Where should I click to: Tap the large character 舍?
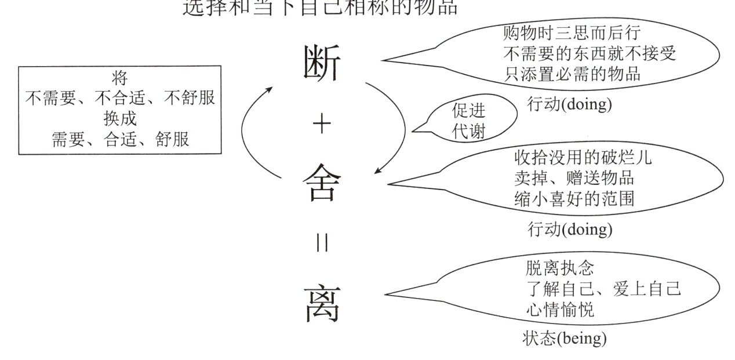coord(321,182)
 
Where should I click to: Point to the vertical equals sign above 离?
coord(322,244)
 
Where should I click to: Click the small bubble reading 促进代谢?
coord(468,121)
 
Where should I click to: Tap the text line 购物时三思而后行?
coord(571,32)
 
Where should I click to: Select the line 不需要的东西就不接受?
coord(589,53)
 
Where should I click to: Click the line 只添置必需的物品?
coord(571,74)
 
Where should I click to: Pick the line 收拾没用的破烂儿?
coord(583,157)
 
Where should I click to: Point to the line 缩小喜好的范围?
coord(574,198)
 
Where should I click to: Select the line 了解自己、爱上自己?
coord(603,289)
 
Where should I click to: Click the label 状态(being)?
coord(564,338)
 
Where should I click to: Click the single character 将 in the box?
coord(119,77)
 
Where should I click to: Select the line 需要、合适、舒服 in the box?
coord(120,139)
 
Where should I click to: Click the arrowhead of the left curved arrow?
coord(270,90)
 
